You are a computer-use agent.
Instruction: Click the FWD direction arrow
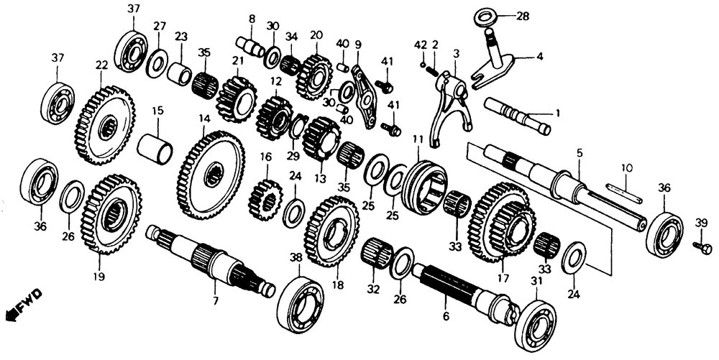tap(23, 305)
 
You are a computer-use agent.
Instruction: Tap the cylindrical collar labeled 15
tap(155, 149)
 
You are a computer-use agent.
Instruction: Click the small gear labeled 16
tap(265, 199)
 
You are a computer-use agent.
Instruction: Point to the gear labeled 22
tap(104, 125)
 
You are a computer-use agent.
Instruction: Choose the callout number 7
tap(216, 301)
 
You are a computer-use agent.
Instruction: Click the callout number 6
tap(446, 315)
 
